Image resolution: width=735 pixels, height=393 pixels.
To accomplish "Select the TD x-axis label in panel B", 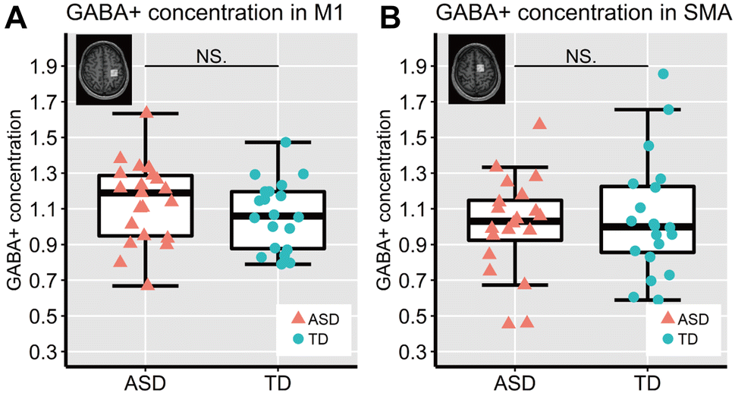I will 648,379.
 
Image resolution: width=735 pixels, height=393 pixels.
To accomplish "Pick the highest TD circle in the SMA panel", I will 663,74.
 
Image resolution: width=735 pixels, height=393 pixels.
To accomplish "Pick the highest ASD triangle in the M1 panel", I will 147,113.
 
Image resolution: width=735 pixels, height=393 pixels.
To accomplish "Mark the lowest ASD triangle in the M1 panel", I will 147,285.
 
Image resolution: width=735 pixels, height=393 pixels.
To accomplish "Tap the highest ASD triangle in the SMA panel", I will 540,124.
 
